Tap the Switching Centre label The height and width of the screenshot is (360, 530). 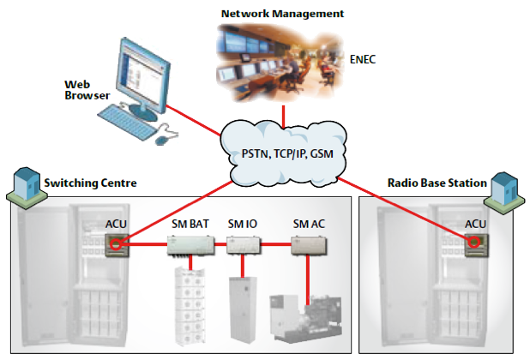pyautogui.click(x=90, y=183)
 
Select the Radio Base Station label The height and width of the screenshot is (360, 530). pyautogui.click(x=437, y=183)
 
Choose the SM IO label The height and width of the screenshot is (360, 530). pyautogui.click(x=243, y=224)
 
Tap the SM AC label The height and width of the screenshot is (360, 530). pyautogui.click(x=309, y=224)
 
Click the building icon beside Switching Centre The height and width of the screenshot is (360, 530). pyautogui.click(x=24, y=183)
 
